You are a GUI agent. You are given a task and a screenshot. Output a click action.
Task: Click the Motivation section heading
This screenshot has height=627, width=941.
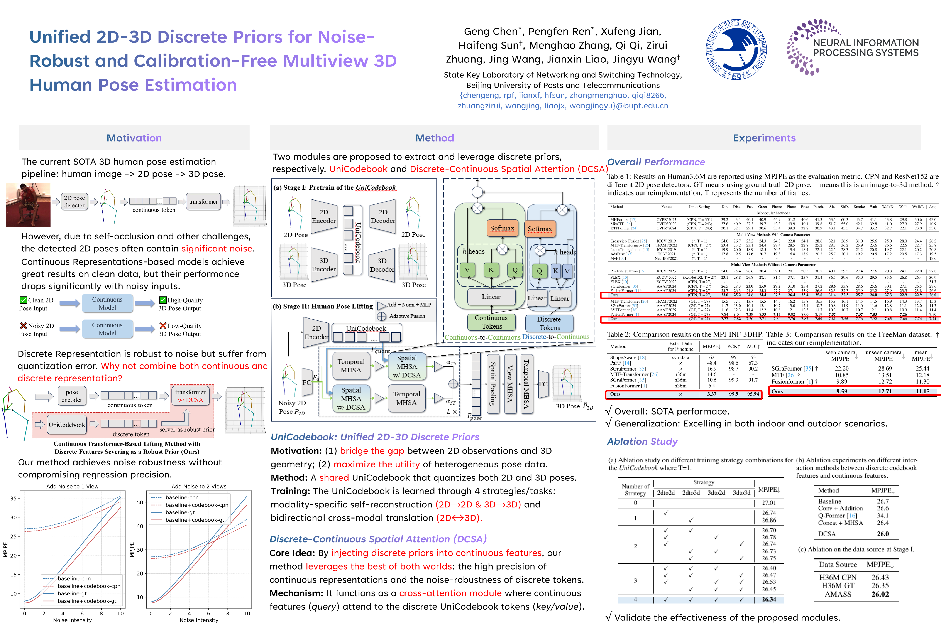(x=134, y=138)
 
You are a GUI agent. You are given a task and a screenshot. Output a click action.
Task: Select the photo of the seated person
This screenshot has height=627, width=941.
(x=28, y=204)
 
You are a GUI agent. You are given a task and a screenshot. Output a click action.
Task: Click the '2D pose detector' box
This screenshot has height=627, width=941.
(x=74, y=202)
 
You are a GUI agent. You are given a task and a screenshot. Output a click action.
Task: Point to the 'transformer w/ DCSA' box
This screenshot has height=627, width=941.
(x=190, y=396)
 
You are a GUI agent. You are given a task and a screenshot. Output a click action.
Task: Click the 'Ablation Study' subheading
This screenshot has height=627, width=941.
(x=642, y=442)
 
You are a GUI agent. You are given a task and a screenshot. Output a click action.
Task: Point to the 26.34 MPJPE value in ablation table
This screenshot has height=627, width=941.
(x=768, y=599)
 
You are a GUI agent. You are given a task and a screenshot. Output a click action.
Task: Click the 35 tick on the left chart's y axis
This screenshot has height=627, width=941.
(x=14, y=498)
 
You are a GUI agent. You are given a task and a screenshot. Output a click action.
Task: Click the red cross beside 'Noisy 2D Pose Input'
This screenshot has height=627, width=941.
(x=24, y=325)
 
